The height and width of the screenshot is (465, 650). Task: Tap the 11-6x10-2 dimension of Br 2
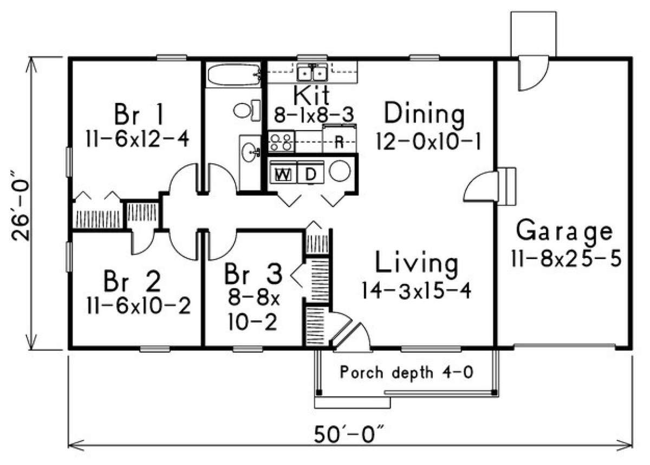pos(138,307)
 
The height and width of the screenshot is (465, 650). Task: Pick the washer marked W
pos(283,175)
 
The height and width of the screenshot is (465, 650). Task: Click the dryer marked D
pos(310,175)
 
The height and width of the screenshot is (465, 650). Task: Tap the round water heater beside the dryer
pos(340,172)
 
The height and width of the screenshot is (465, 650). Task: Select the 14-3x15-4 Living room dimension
pos(417,291)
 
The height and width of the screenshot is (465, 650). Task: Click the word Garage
pos(564,231)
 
